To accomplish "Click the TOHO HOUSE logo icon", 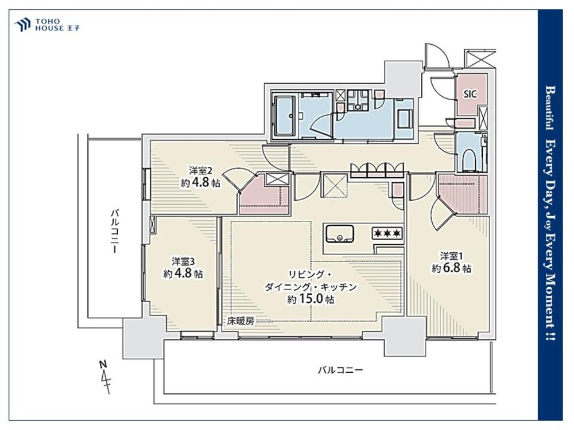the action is coord(22,25).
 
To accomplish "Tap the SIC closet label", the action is coord(471,94).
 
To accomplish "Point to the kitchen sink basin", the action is coord(340,234).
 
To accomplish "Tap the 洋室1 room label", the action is coord(451,255).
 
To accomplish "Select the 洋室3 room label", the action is coord(183,261).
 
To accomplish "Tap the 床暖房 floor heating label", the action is coord(241,322).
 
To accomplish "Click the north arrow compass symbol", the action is coord(106,377).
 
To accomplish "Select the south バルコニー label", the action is coord(340,370).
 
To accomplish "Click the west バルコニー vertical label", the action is coord(115,230).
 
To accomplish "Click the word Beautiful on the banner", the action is coord(550,108).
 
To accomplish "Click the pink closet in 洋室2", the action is coord(263,194).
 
